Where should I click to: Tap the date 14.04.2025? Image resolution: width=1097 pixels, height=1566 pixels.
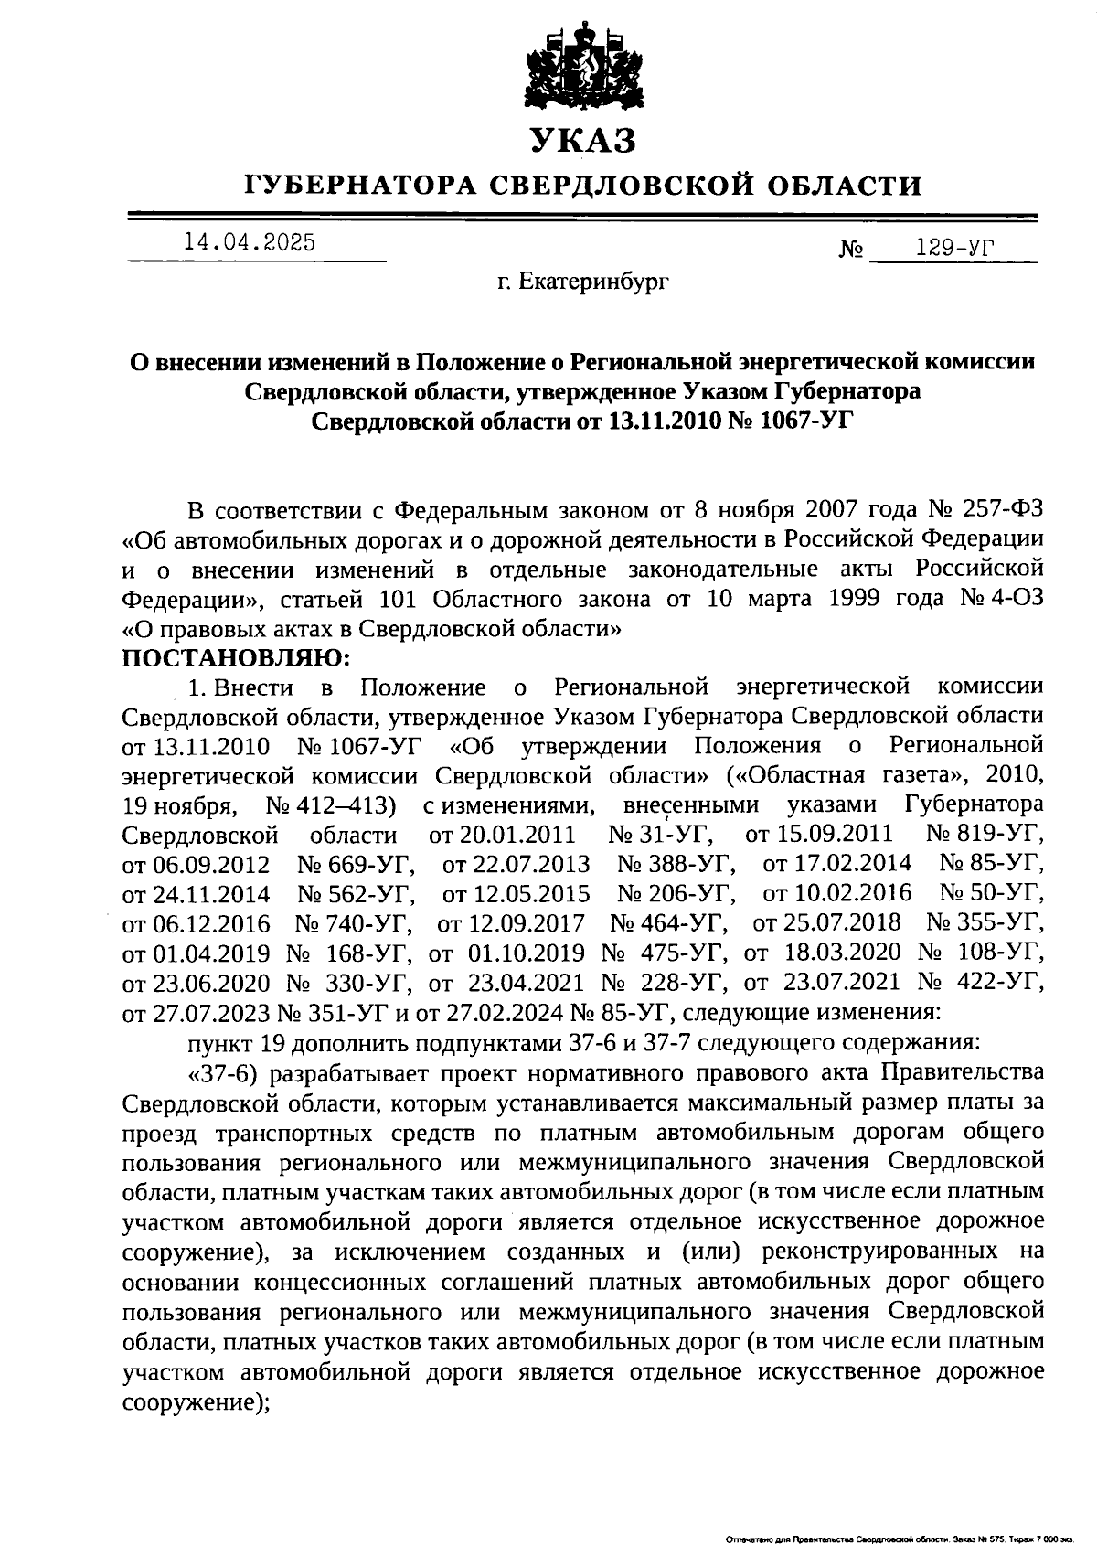(249, 242)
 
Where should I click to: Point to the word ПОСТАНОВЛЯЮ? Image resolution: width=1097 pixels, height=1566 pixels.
(235, 657)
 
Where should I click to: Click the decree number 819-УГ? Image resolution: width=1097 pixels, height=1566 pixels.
(999, 835)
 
